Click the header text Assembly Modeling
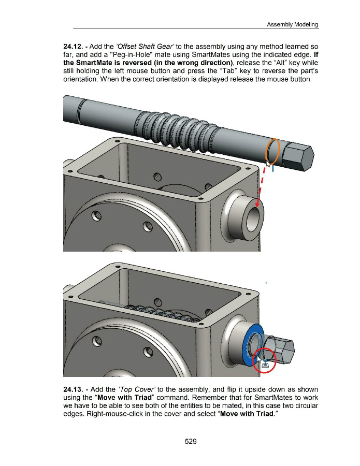[x=292, y=24]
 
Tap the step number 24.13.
[x=75, y=389]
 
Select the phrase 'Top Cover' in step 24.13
[x=136, y=389]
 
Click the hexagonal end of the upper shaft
[x=299, y=157]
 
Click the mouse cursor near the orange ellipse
[x=268, y=164]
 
